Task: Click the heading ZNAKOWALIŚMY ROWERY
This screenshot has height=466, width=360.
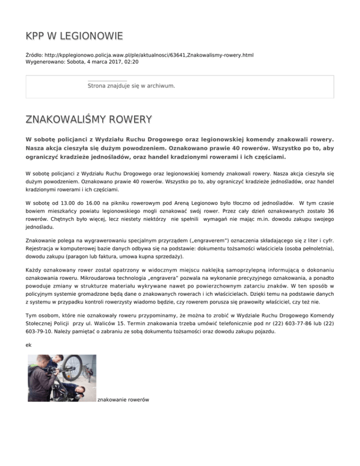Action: click(x=89, y=119)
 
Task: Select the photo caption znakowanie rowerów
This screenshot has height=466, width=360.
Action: click(x=123, y=399)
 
